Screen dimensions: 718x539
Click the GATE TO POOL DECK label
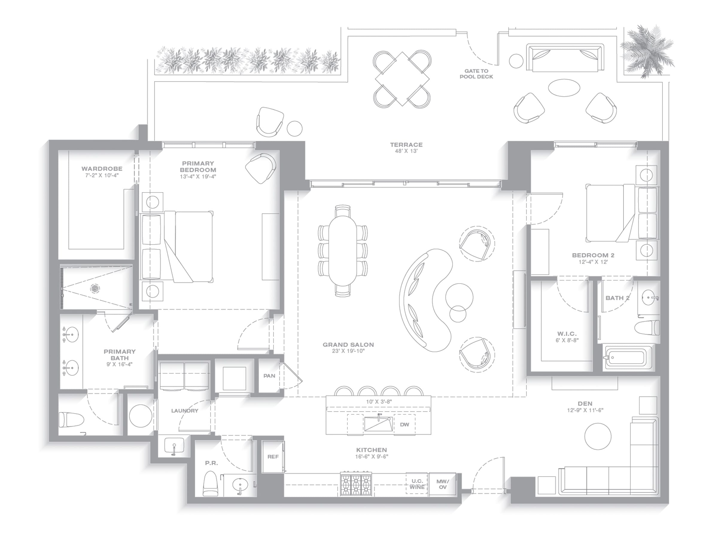click(476, 74)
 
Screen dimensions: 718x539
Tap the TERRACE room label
click(406, 145)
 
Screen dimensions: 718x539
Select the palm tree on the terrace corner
click(646, 51)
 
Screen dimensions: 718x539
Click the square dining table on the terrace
click(402, 79)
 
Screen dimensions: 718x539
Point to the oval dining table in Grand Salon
click(343, 251)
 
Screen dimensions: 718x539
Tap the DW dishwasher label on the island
click(404, 424)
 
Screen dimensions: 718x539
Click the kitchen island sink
click(378, 424)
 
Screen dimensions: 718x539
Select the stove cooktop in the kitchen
click(356, 484)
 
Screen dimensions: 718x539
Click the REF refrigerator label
click(273, 456)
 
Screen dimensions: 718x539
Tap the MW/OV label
click(442, 484)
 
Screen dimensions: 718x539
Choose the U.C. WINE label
click(417, 484)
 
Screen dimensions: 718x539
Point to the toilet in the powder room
click(211, 484)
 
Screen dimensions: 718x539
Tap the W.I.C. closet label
click(567, 334)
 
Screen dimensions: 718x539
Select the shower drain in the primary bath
click(95, 288)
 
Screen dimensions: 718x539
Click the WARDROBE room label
click(102, 169)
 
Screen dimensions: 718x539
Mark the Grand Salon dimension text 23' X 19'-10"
click(348, 351)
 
